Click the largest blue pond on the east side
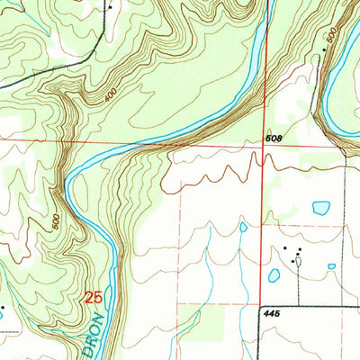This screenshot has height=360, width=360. [x=320, y=208]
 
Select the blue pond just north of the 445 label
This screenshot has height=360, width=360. [x=274, y=275]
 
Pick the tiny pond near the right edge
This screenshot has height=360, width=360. [x=331, y=266]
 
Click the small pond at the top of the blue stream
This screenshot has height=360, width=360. [x=243, y=227]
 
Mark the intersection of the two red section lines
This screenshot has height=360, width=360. [x=264, y=141]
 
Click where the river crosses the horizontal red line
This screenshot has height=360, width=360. [x=171, y=141]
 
